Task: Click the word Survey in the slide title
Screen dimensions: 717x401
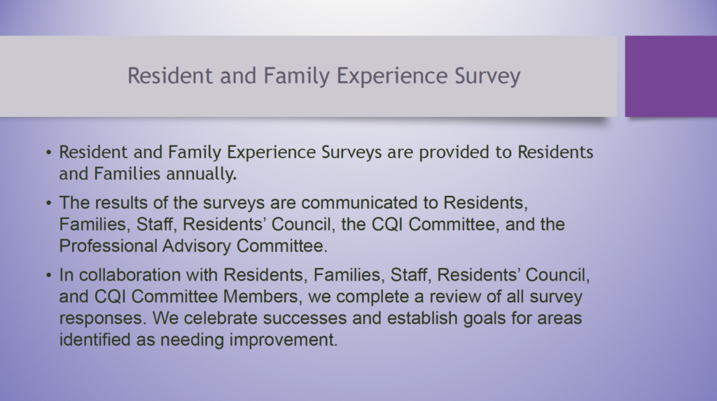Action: pos(487,76)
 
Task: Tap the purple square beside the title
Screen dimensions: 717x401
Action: pos(671,76)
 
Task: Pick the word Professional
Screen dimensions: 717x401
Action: pos(108,246)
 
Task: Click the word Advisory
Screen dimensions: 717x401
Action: pos(197,247)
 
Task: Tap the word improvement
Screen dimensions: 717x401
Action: pos(283,339)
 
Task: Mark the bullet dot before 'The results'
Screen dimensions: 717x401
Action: pos(49,202)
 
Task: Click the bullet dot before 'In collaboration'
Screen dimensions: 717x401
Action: pos(49,275)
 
